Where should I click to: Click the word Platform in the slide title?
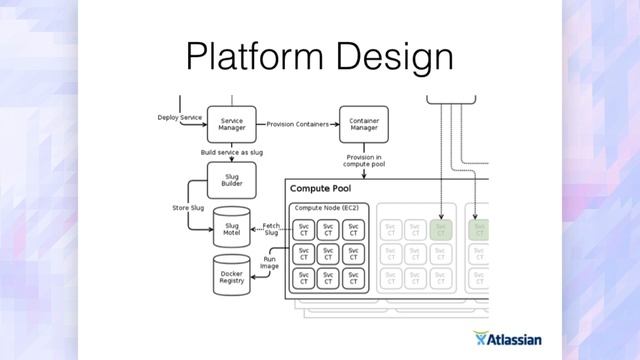(x=248, y=57)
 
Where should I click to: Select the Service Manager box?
(x=232, y=123)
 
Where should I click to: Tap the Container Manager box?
(x=363, y=123)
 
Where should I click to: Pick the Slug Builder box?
(x=232, y=179)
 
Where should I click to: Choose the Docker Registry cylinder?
(x=232, y=275)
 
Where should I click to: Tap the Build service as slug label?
(x=232, y=152)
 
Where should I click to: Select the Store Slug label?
(x=189, y=208)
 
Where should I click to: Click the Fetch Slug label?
(x=270, y=229)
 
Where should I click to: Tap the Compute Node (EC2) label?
(x=325, y=207)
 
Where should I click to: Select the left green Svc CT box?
(x=441, y=229)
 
